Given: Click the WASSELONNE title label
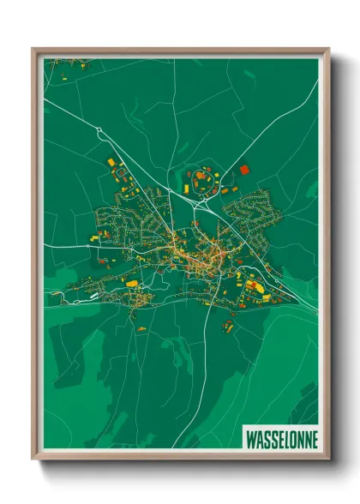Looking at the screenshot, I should tap(281, 438).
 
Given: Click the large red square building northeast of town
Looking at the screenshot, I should tap(243, 170).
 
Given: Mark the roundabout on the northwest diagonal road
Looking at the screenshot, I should tap(100, 130).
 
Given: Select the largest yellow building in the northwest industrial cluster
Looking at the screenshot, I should tap(111, 162).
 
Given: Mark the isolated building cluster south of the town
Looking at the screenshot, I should tap(230, 323).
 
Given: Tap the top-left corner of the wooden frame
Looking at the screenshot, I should tap(33, 49).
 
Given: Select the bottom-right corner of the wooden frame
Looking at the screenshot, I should tap(328, 458).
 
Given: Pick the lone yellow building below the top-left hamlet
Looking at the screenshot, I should tap(65, 76).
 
